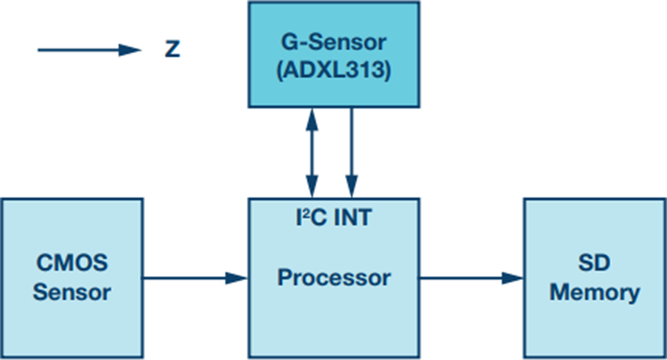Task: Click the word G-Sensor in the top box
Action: [x=334, y=42]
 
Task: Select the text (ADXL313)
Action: [x=334, y=70]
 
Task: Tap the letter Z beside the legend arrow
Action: [x=172, y=49]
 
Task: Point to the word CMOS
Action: [x=73, y=263]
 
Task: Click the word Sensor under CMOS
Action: [x=73, y=292]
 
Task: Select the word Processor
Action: [x=334, y=278]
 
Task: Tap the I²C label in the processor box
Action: [x=313, y=217]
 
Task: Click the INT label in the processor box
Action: [x=353, y=217]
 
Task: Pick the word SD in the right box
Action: [x=594, y=263]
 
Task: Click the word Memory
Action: [x=594, y=293]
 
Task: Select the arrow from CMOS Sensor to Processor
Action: [x=195, y=279]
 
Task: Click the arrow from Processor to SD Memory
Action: [x=471, y=279]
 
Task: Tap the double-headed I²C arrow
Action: [x=312, y=153]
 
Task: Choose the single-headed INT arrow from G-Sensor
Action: [x=352, y=153]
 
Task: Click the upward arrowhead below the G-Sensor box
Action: [x=312, y=119]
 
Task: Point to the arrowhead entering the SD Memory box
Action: [x=513, y=279]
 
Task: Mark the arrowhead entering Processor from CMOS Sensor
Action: [x=237, y=279]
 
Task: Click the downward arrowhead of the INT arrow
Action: [x=352, y=187]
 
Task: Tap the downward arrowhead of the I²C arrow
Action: [x=312, y=187]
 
